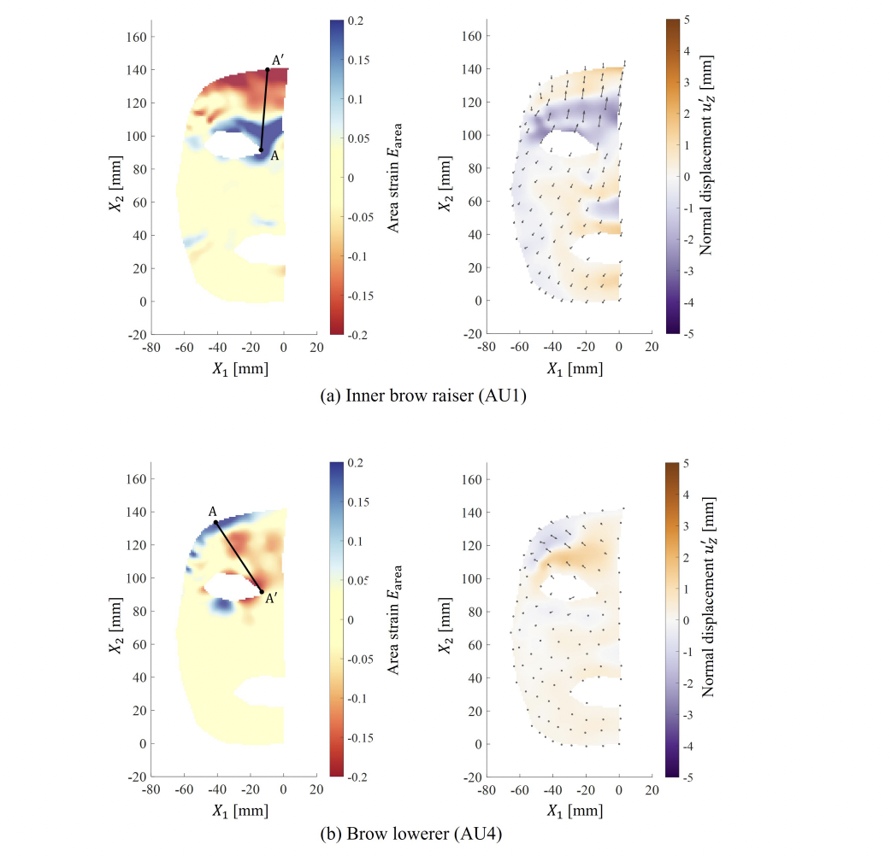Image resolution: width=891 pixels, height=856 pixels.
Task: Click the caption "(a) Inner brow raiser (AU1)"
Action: tap(445, 399)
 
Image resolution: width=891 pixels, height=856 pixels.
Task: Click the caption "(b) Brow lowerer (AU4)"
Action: tap(445, 841)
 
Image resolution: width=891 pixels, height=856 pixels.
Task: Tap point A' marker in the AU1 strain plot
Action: tap(268, 69)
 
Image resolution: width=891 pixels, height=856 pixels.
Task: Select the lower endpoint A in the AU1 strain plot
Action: tap(261, 150)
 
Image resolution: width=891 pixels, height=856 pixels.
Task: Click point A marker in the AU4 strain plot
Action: tap(215, 523)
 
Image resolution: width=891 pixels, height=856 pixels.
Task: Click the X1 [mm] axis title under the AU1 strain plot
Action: tap(234, 368)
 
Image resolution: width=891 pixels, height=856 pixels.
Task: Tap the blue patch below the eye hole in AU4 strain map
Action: tap(223, 605)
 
